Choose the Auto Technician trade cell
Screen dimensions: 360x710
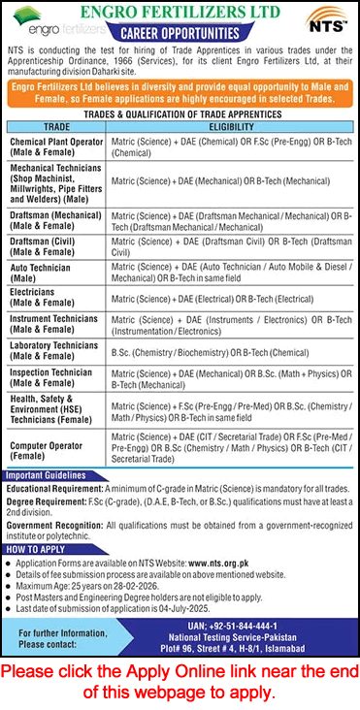coord(45,271)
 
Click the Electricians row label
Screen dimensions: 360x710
coord(44,297)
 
